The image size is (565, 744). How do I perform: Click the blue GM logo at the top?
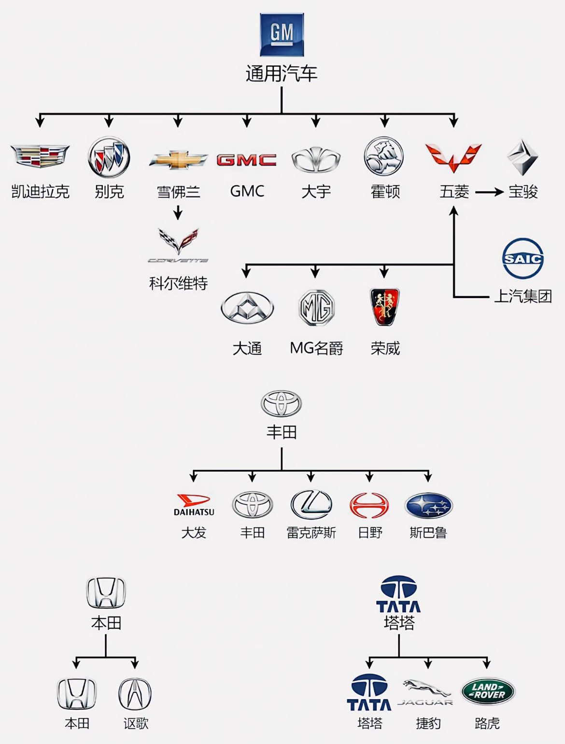(282, 35)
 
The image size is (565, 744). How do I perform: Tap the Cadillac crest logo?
(40, 156)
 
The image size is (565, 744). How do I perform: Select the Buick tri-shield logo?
(109, 157)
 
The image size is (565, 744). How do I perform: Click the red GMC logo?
(246, 160)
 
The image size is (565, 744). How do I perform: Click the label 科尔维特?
(178, 283)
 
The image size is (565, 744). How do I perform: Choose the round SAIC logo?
(523, 259)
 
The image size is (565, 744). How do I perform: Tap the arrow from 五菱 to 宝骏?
(489, 193)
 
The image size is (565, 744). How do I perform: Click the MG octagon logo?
(316, 308)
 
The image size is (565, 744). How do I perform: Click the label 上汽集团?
(523, 296)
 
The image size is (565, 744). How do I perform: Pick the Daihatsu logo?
(194, 505)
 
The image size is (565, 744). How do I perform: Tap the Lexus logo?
(311, 505)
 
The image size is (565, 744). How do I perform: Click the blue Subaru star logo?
(428, 505)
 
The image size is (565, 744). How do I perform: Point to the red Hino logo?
(369, 505)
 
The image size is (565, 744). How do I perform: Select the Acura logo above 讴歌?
(135, 694)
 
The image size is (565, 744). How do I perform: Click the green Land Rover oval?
(488, 691)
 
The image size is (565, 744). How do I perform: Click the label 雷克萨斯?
(311, 533)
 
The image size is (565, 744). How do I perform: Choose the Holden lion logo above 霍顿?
(384, 156)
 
